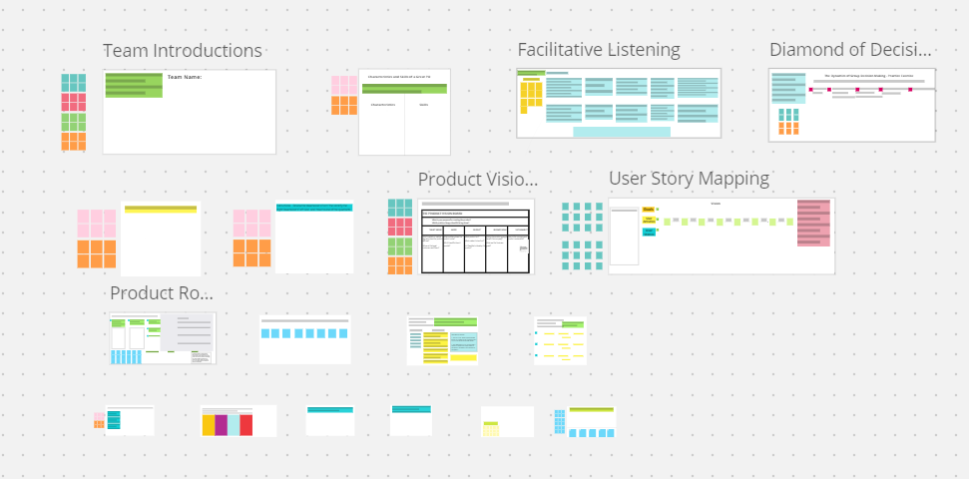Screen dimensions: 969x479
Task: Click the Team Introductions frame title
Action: [183, 51]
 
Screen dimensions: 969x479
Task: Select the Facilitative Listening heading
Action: [599, 50]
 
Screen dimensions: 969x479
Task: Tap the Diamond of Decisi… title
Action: [851, 51]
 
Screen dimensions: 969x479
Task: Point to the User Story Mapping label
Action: [689, 179]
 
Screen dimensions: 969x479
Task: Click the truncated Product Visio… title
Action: [478, 180]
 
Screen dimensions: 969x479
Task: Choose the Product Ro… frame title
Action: [162, 293]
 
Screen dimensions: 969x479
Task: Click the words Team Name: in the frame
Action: [187, 77]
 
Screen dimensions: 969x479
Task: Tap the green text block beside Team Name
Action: [134, 86]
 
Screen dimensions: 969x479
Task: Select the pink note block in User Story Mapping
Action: [813, 223]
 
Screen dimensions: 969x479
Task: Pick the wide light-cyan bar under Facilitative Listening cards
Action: [621, 132]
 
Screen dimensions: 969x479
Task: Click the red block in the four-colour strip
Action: [245, 425]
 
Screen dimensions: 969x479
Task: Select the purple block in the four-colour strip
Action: [221, 425]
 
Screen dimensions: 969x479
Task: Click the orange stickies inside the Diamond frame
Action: [788, 122]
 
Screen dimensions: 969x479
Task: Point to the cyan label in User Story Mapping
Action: [649, 232]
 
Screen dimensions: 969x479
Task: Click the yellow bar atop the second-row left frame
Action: [161, 209]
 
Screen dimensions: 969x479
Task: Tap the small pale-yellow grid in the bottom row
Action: [491, 428]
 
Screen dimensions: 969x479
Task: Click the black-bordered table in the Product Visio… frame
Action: [475, 239]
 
